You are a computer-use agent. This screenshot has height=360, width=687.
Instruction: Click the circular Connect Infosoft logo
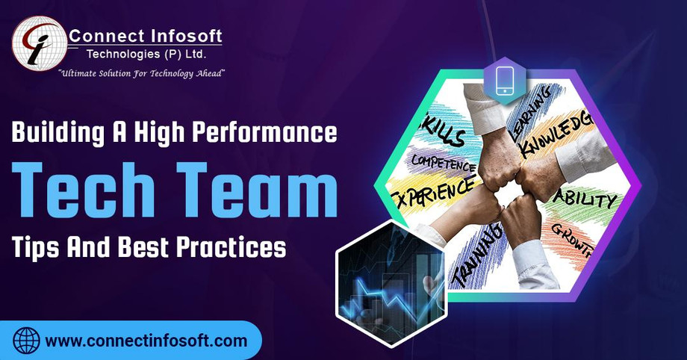coord(37,43)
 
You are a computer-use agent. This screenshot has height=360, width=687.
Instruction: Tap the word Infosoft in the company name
coord(182,35)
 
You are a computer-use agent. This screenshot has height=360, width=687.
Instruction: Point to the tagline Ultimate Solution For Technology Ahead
coord(142,72)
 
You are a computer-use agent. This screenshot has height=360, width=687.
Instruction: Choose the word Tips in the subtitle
coord(38,246)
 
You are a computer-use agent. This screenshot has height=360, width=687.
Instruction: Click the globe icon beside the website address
coord(27,341)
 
